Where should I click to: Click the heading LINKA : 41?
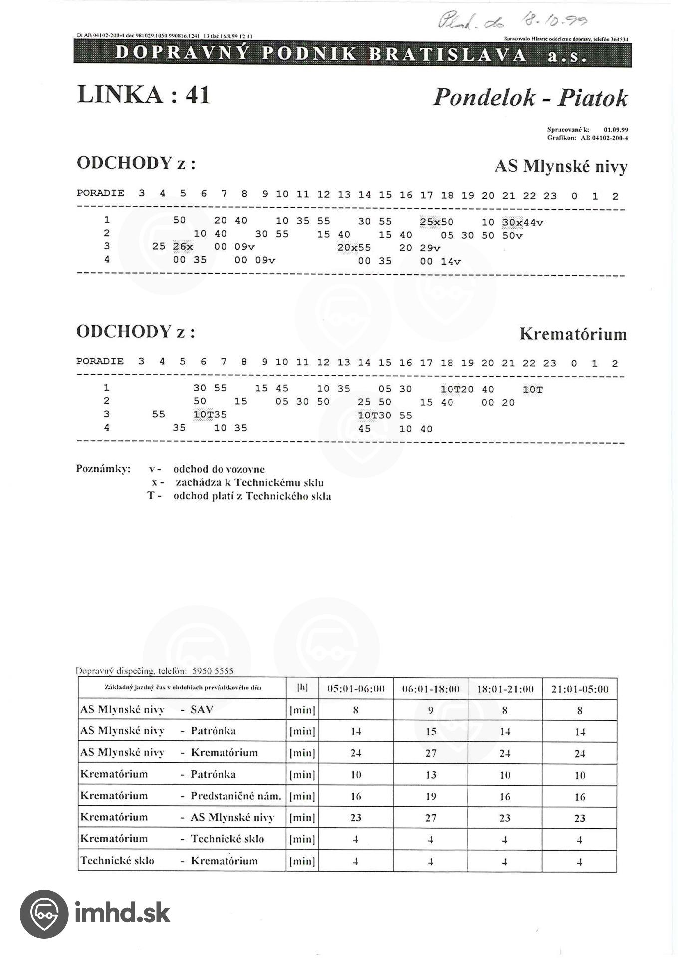[143, 95]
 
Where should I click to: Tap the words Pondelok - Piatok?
[530, 98]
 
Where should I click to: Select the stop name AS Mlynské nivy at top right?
[561, 167]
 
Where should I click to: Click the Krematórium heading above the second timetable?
[573, 334]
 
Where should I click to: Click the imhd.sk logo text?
[122, 913]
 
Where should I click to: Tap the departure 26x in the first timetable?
[183, 247]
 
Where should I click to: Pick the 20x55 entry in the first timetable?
[354, 247]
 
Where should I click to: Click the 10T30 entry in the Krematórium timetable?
[374, 415]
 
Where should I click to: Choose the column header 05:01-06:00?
[356, 689]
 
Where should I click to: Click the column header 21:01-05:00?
[580, 689]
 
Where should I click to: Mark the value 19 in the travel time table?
[431, 797]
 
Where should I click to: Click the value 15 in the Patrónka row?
[431, 732]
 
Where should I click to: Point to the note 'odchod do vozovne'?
[219, 469]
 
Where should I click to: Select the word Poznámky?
[103, 469]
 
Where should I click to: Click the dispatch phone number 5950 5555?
[213, 671]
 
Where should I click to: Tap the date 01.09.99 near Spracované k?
[616, 130]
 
